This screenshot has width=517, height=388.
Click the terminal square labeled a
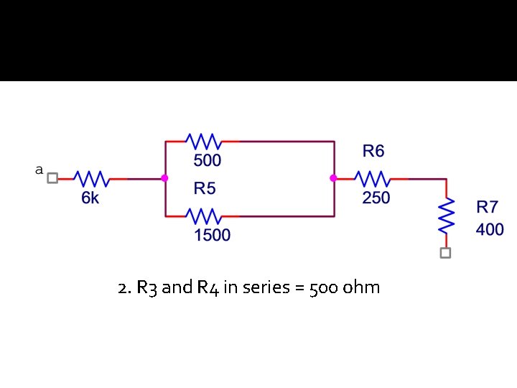pyautogui.click(x=52, y=178)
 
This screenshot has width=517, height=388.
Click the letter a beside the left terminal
pyautogui.click(x=39, y=170)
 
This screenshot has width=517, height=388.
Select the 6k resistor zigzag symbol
pyautogui.click(x=90, y=178)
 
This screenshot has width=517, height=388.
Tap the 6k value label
pyautogui.click(x=90, y=198)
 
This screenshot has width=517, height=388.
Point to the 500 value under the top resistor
pyautogui.click(x=207, y=160)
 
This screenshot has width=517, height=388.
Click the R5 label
pyautogui.click(x=205, y=189)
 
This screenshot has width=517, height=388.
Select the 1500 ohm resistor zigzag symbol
pyautogui.click(x=203, y=215)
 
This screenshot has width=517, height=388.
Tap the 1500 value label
pyautogui.click(x=212, y=235)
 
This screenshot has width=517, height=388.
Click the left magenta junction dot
pyautogui.click(x=165, y=178)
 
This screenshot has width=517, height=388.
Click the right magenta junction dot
pyautogui.click(x=334, y=178)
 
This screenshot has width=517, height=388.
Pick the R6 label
pyautogui.click(x=373, y=151)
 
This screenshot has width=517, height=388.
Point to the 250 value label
pyautogui.click(x=376, y=198)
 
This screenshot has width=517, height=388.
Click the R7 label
pyautogui.click(x=488, y=208)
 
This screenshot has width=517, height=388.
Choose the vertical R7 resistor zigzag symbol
pyautogui.click(x=446, y=215)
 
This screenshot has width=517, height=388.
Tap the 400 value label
pyautogui.click(x=490, y=230)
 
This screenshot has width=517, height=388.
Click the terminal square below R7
pyautogui.click(x=446, y=253)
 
